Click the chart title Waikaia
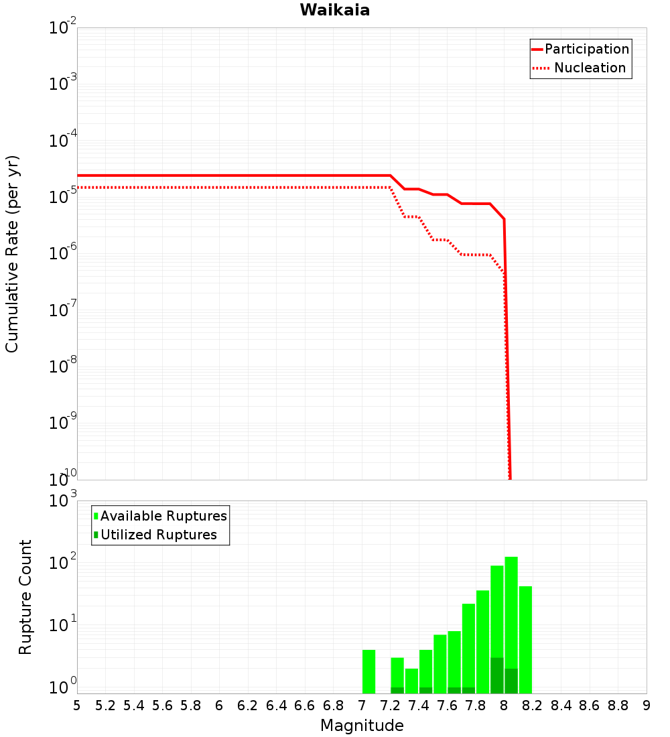(x=334, y=10)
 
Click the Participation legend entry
(x=586, y=49)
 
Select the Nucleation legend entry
(x=589, y=68)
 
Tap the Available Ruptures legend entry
(x=163, y=516)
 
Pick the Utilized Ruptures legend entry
(x=158, y=535)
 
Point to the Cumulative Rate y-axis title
(x=12, y=253)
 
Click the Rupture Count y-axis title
(x=25, y=596)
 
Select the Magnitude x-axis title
(x=362, y=726)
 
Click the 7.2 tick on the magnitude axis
(x=390, y=705)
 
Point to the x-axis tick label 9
(x=646, y=705)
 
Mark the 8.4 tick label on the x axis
(x=561, y=705)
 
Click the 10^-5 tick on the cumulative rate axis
(x=63, y=198)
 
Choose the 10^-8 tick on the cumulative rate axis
(x=63, y=366)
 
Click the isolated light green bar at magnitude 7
(x=368, y=671)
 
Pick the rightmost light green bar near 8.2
(x=525, y=640)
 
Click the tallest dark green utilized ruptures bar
(x=496, y=675)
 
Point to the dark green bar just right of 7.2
(x=397, y=690)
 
